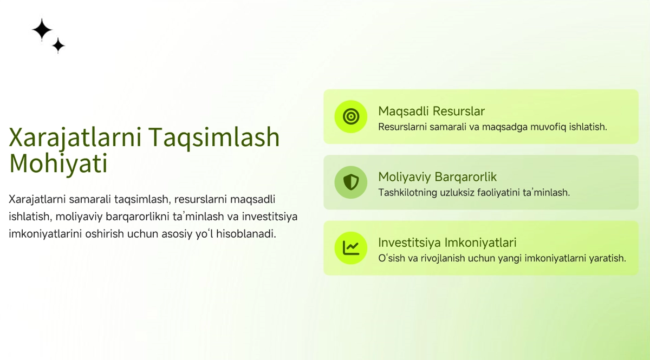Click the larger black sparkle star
pyautogui.click(x=42, y=29)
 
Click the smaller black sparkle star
pyautogui.click(x=58, y=45)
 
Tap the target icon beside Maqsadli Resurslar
pyautogui.click(x=351, y=116)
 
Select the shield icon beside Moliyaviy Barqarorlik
pyautogui.click(x=351, y=182)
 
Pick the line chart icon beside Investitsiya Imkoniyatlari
pyautogui.click(x=351, y=248)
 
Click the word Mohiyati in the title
pyautogui.click(x=58, y=163)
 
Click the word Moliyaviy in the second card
pyautogui.click(x=404, y=177)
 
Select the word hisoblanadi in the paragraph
pyautogui.click(x=246, y=233)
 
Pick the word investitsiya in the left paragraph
pyautogui.click(x=270, y=217)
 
